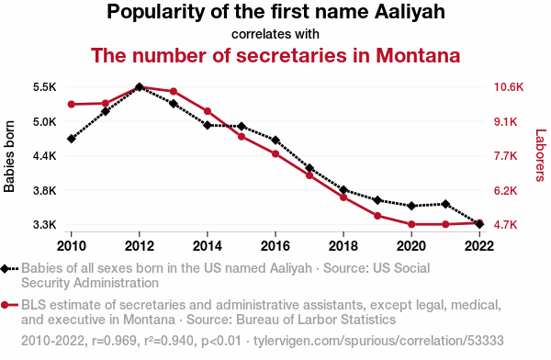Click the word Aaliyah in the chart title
[410, 12]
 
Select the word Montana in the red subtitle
[418, 55]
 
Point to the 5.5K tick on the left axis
[45, 87]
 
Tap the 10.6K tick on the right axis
[509, 87]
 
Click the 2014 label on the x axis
[208, 246]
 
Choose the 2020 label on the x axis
[411, 246]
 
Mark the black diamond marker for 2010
[72, 139]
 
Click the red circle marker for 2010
[72, 104]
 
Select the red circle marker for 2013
[174, 92]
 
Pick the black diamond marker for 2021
[445, 204]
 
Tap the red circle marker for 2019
[377, 216]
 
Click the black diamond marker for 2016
[275, 141]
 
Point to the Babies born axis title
[9, 156]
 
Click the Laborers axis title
[541, 155]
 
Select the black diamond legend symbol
[5, 269]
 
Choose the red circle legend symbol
[5, 305]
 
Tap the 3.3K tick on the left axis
[45, 225]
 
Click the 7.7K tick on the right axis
[506, 156]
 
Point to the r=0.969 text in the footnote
[114, 341]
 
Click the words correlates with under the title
[275, 34]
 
